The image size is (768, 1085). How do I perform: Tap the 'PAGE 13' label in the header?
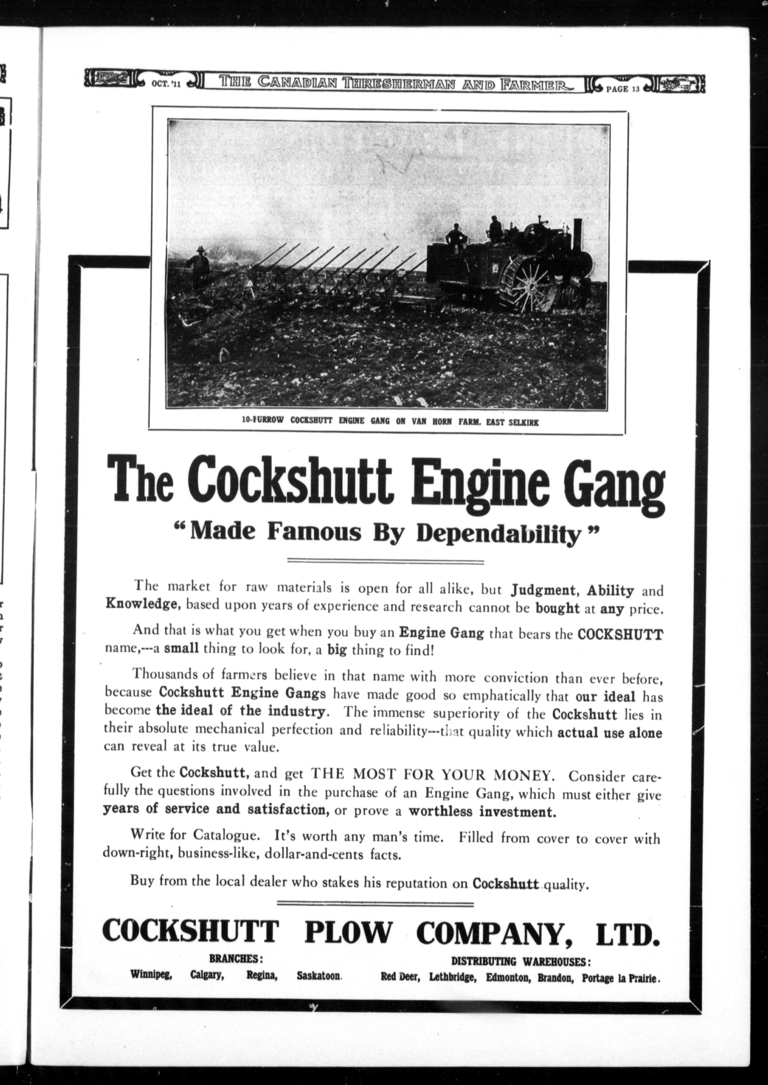623,89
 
